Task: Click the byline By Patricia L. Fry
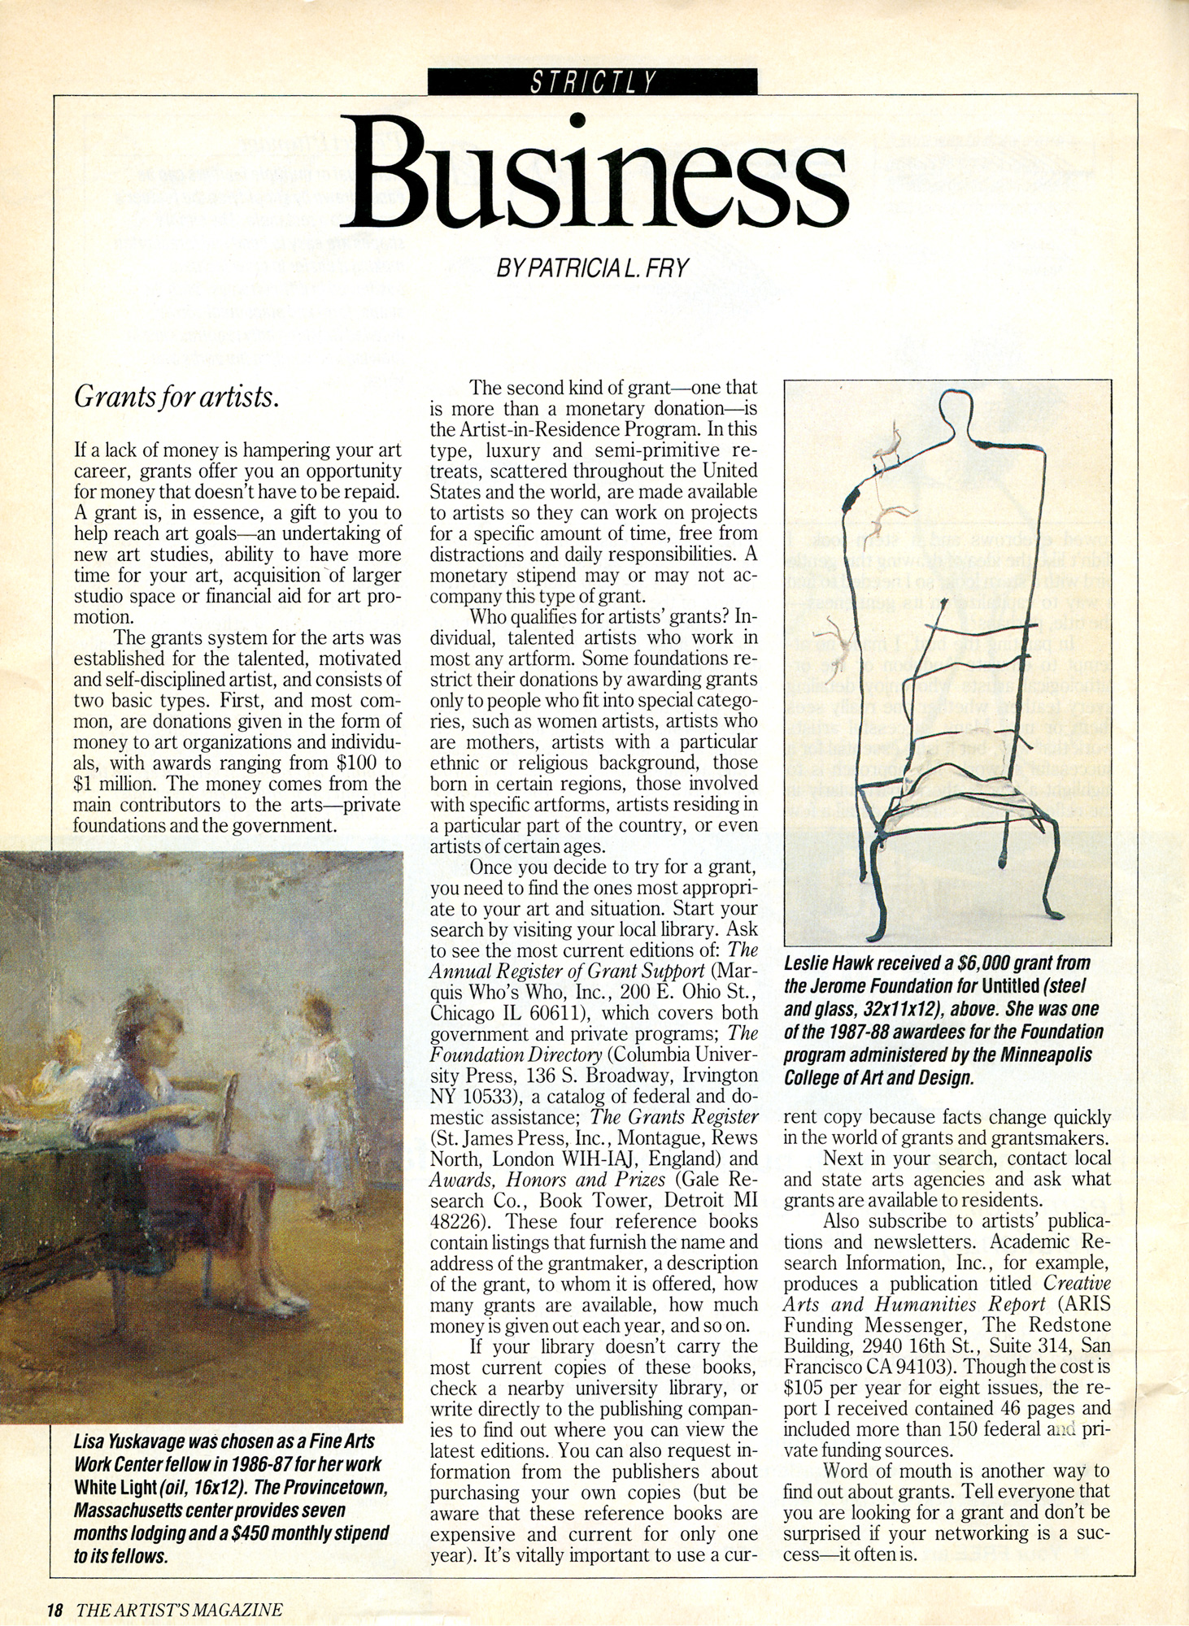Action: pos(593,267)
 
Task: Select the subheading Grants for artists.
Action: pos(176,398)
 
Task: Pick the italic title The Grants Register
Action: pos(674,1116)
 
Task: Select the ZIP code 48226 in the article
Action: pos(457,1221)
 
